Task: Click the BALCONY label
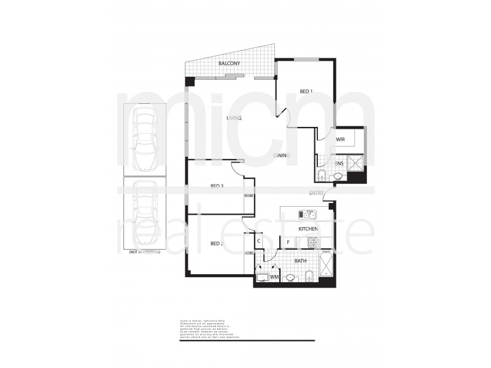(230, 64)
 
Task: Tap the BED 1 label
(306, 92)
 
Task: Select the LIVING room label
(234, 118)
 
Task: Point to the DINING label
(282, 156)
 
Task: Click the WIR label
(341, 140)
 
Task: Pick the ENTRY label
(317, 193)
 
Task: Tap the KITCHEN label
(308, 229)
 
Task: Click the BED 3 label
(217, 186)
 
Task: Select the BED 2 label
(216, 243)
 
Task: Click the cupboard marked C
(259, 241)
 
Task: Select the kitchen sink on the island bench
(307, 215)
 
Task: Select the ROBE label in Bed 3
(249, 196)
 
